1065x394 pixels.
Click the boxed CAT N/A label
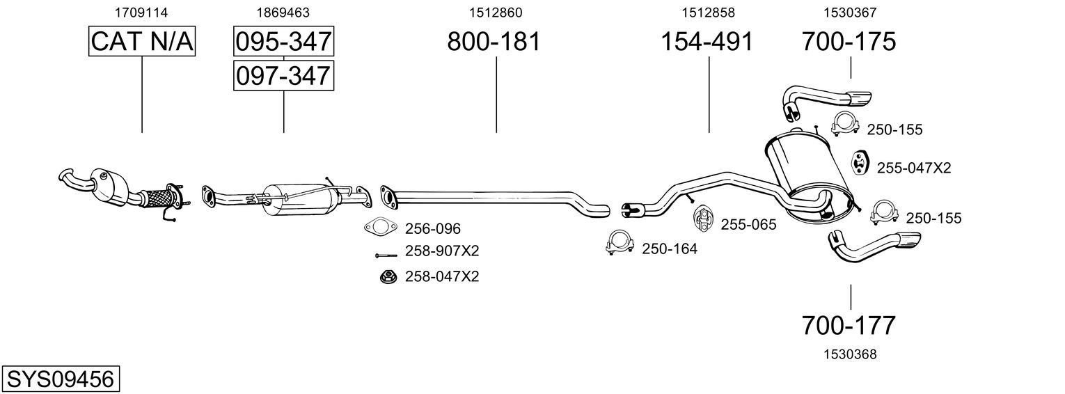[142, 42]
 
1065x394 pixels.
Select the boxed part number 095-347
[283, 42]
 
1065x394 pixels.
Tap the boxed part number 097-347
[283, 75]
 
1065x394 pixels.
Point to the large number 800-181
[494, 42]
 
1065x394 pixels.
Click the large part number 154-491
[707, 42]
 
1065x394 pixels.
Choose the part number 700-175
[849, 42]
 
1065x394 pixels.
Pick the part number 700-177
[849, 325]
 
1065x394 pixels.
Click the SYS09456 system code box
[60, 379]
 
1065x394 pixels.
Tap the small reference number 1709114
[142, 13]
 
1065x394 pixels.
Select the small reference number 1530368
[849, 354]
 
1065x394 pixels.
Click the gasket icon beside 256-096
[378, 228]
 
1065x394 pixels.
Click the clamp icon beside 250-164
[620, 243]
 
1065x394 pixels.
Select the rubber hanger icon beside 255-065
[702, 218]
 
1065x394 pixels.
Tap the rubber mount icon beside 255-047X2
[860, 163]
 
